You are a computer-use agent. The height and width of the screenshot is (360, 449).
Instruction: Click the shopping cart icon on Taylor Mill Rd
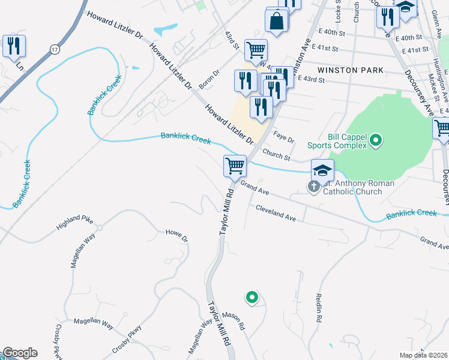[235, 165]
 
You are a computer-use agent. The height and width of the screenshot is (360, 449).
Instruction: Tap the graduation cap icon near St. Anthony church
[322, 170]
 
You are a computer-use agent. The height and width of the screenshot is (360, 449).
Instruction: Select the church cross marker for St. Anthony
[313, 187]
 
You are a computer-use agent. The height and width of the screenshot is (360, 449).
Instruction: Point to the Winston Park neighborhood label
[350, 70]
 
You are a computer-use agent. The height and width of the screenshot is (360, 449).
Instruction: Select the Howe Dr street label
[176, 235]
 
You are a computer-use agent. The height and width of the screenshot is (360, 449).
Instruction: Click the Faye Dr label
[284, 137]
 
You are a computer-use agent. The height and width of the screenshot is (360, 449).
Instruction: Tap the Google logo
[19, 353]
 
